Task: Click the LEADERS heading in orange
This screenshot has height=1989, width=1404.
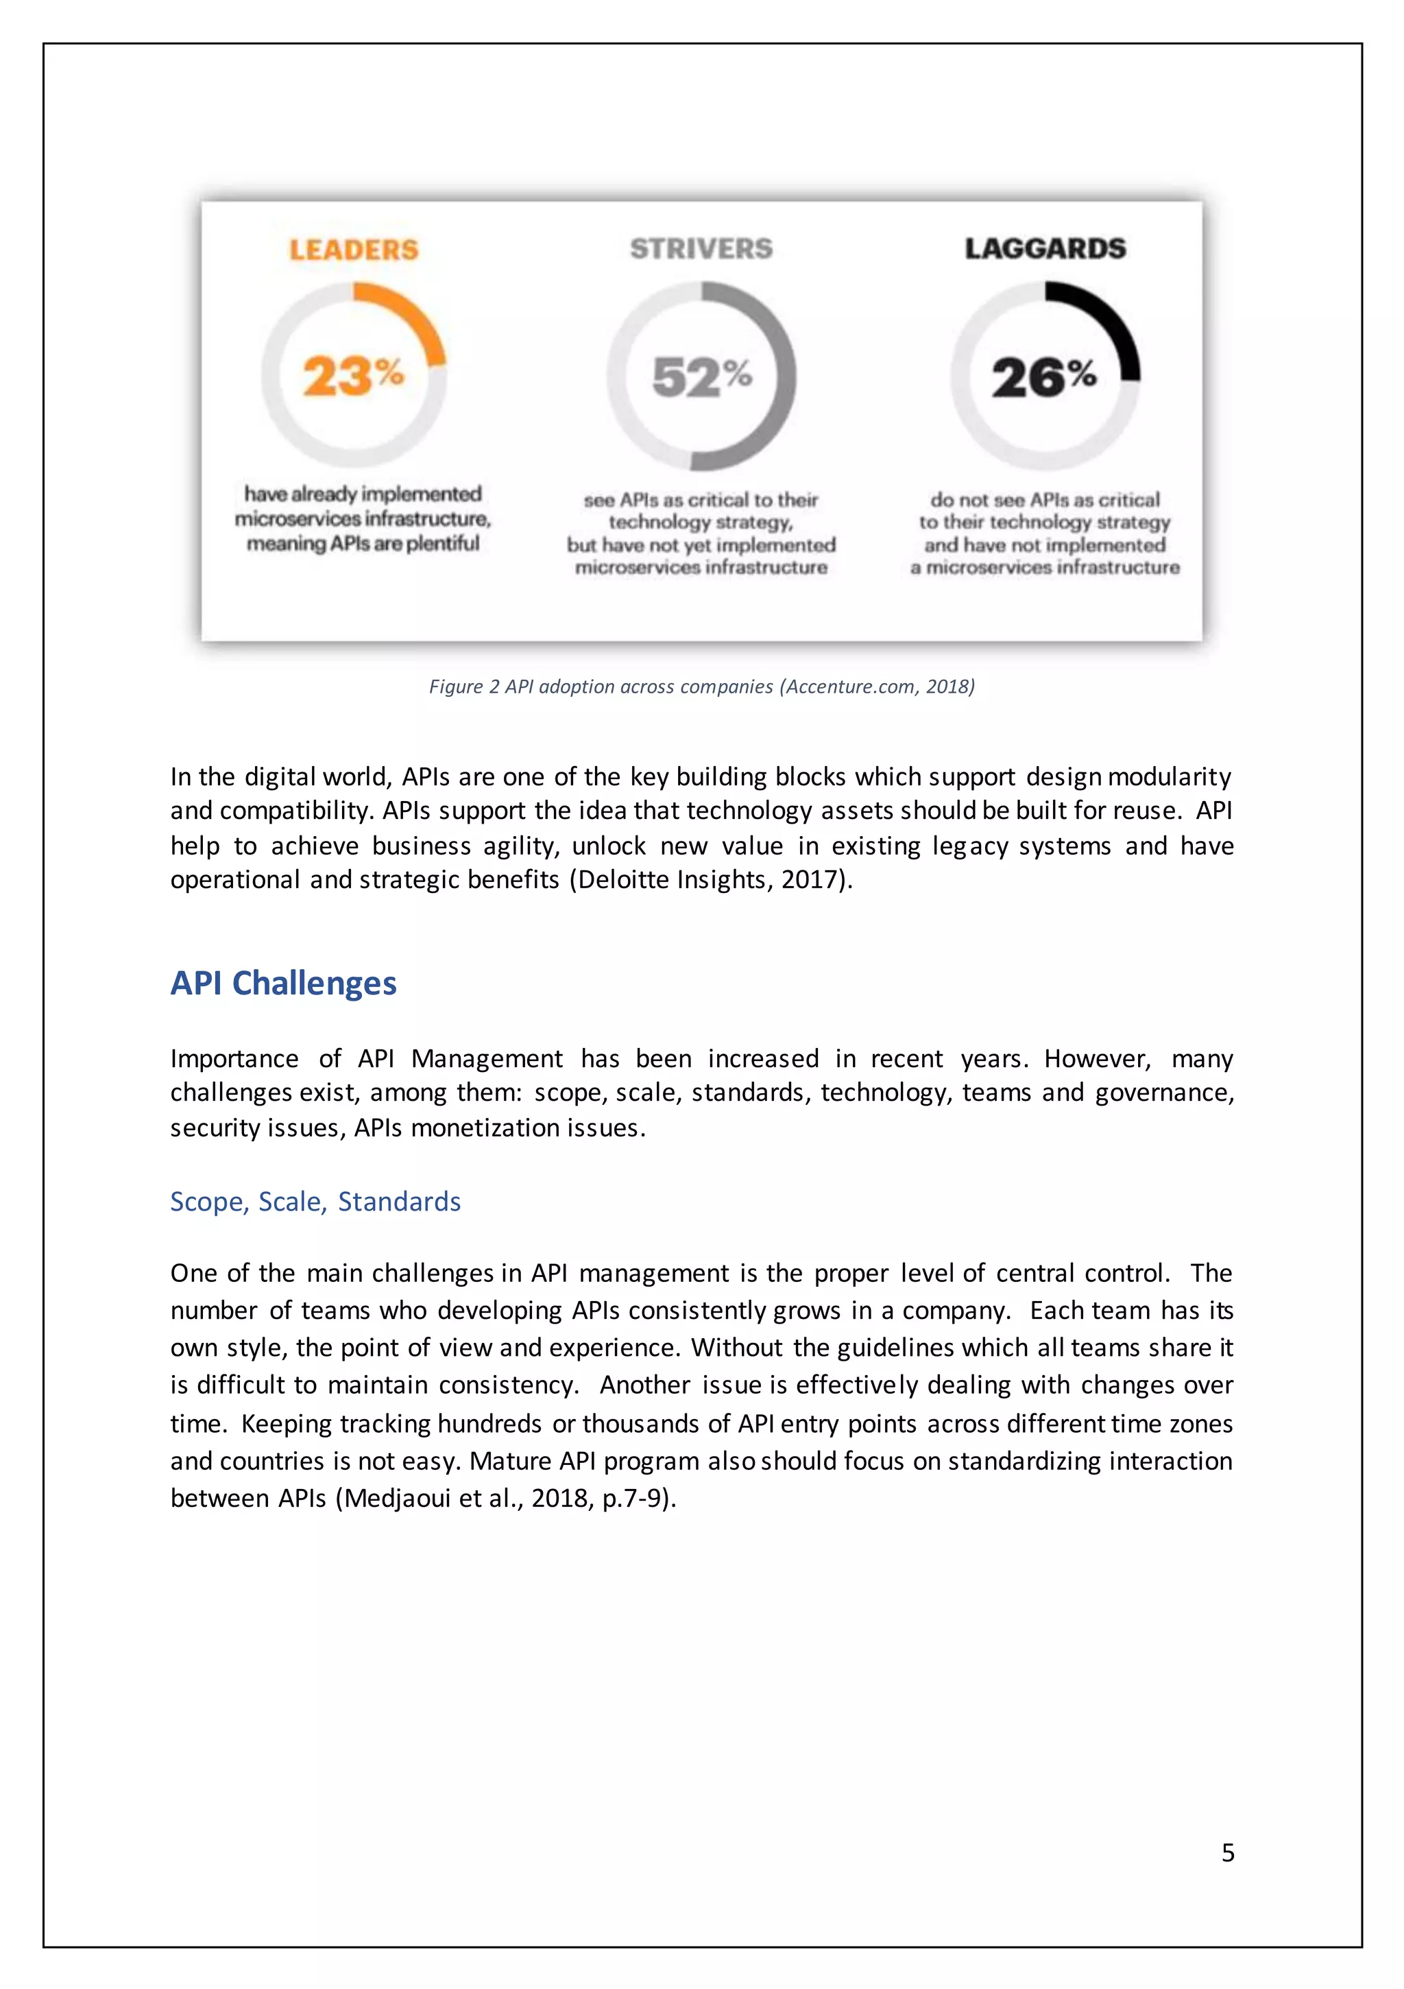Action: pyautogui.click(x=353, y=250)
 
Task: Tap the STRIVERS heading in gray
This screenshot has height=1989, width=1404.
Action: pyautogui.click(x=701, y=248)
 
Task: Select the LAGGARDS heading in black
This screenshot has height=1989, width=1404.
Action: pyautogui.click(x=1045, y=248)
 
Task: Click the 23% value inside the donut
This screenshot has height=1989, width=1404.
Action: pyautogui.click(x=352, y=376)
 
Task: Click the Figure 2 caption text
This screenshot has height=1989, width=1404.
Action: pyautogui.click(x=701, y=686)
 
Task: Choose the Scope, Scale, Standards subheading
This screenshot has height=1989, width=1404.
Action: pyautogui.click(x=315, y=1202)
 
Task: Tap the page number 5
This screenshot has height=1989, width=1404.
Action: pyautogui.click(x=1227, y=1852)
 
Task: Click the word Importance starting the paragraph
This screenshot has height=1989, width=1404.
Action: pyautogui.click(x=234, y=1058)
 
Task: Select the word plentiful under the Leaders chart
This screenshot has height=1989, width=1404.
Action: pyautogui.click(x=443, y=543)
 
